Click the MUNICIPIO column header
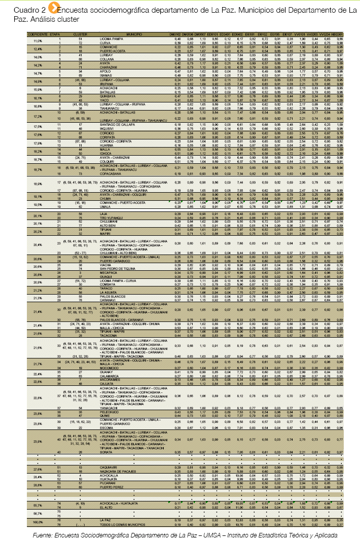point(134,33)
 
